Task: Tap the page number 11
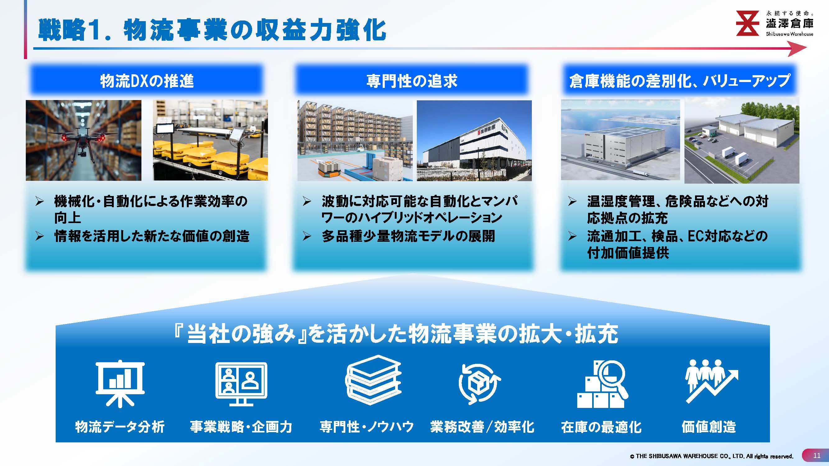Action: (817, 455)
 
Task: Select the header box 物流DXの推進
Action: (147, 80)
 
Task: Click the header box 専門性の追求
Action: (412, 80)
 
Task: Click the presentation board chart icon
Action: (120, 384)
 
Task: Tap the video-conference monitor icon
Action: (241, 384)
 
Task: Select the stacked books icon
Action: (373, 380)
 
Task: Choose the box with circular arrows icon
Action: (480, 384)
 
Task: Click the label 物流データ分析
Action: (120, 427)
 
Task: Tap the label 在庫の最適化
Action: (601, 427)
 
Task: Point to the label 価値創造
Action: (709, 427)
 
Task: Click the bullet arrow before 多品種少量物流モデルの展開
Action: (307, 237)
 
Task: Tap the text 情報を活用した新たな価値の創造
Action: (152, 236)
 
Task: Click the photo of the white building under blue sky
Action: (474, 140)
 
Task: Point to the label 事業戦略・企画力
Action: (241, 427)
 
